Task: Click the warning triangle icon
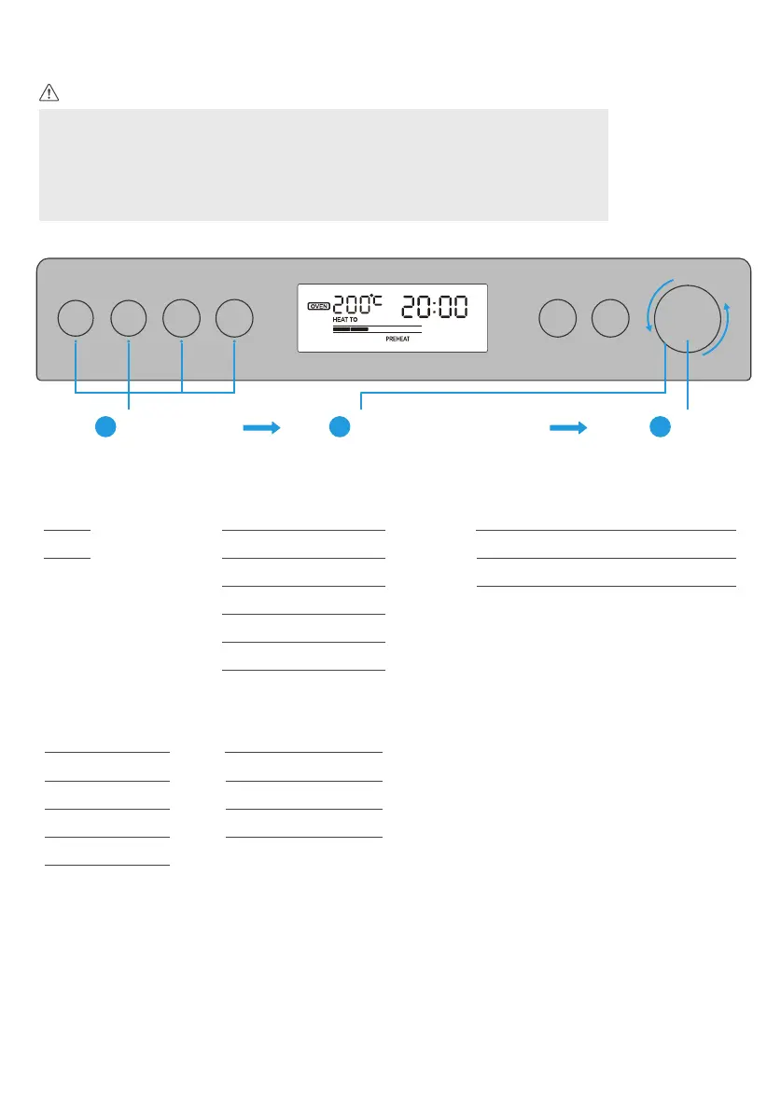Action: [49, 93]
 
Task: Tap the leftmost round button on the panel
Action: [76, 318]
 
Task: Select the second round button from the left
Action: [129, 318]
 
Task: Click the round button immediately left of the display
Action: [234, 318]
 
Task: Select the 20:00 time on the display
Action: [434, 306]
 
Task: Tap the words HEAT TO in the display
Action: [345, 320]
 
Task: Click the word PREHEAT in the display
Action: [398, 340]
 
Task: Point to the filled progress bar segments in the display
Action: [351, 329]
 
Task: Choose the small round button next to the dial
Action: [611, 318]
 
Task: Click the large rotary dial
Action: [688, 318]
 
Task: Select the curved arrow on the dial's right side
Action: [722, 330]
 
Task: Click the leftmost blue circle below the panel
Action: [107, 427]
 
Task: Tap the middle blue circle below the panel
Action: [341, 427]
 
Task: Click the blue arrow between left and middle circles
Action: [261, 427]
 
